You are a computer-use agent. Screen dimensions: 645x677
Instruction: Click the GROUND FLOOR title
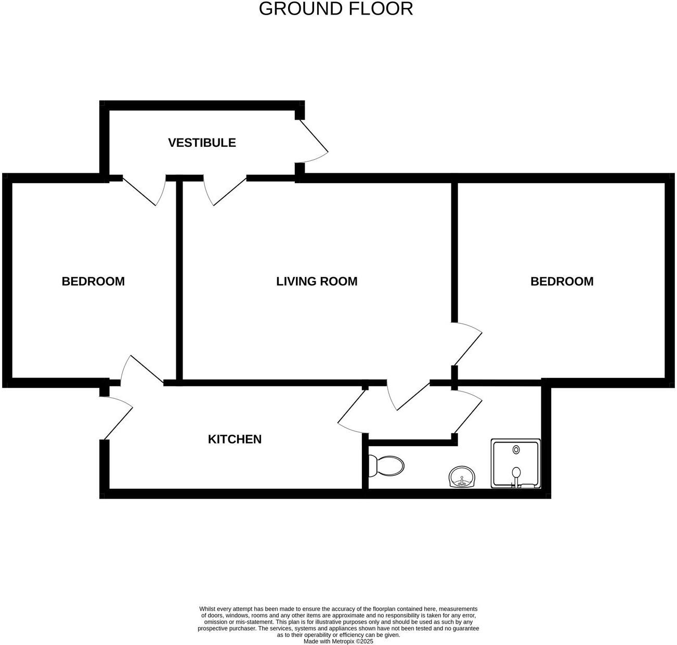coord(335,9)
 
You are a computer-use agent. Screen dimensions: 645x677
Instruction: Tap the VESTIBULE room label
coord(202,143)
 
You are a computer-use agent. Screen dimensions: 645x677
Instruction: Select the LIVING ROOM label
coord(317,282)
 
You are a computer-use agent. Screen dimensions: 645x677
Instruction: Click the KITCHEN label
coord(235,439)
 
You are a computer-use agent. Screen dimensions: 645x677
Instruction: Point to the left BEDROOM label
coord(93,282)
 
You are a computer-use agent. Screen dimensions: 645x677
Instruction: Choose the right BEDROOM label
coord(562,282)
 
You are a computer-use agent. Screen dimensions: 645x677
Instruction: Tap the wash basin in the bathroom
coord(462,477)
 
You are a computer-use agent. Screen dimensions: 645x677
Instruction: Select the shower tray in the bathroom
coord(515,464)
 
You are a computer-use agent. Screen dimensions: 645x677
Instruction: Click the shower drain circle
coord(516,449)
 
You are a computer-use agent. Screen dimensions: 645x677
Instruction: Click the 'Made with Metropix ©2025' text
coord(338,641)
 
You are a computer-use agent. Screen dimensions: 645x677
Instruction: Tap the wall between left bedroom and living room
coord(179,281)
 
